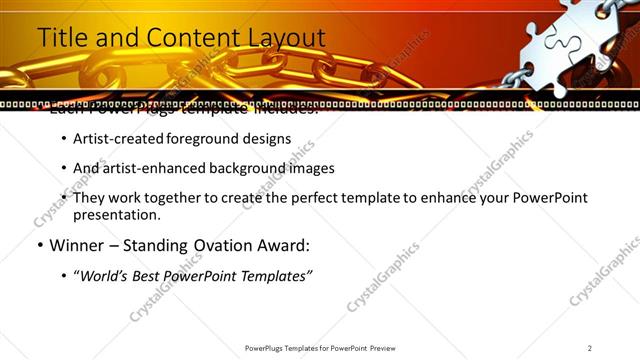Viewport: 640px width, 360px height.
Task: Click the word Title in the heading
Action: tap(60, 38)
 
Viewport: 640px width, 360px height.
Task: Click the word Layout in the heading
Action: tap(285, 38)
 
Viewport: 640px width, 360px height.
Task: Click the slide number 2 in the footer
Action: tap(590, 348)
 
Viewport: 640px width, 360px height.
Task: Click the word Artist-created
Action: tap(114, 139)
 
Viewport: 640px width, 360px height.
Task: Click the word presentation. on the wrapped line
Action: tap(116, 214)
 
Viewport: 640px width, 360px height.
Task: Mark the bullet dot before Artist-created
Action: tap(64, 139)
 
